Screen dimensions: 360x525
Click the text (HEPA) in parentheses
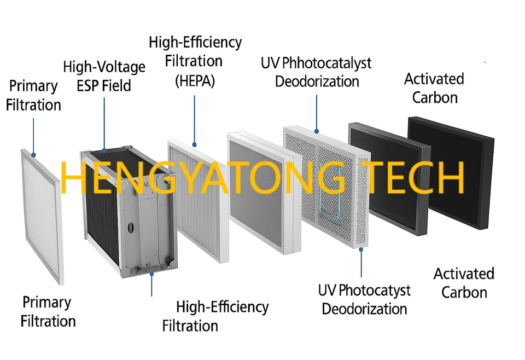(x=195, y=81)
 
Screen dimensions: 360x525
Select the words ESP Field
(x=104, y=86)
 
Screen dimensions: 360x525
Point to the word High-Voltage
(x=104, y=67)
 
